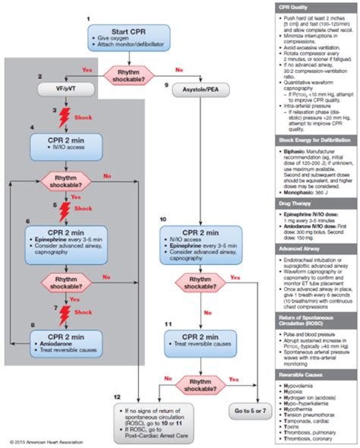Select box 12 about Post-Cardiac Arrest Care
click(x=155, y=417)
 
